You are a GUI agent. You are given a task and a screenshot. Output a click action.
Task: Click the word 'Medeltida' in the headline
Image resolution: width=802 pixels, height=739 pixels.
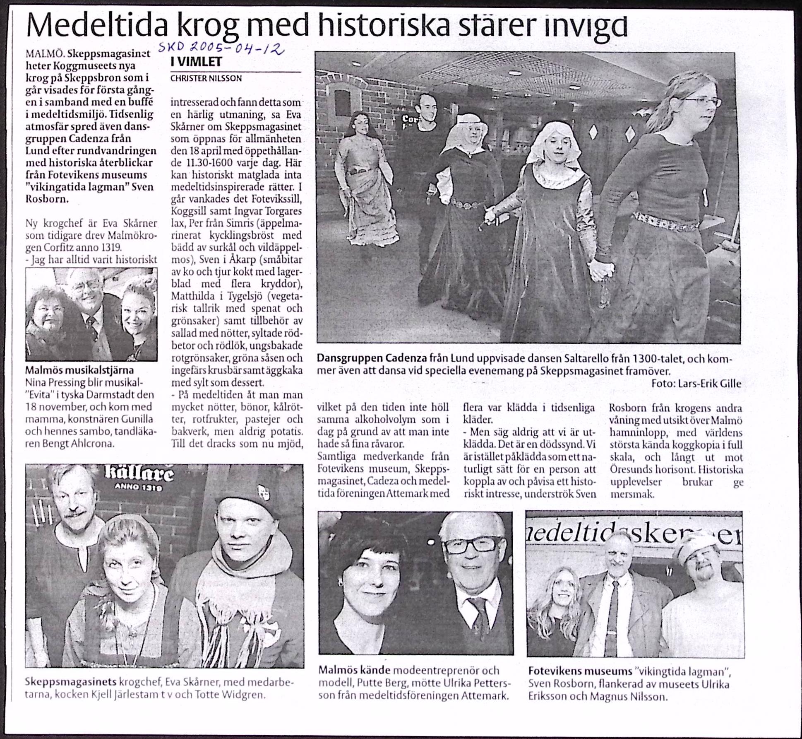[x=97, y=26]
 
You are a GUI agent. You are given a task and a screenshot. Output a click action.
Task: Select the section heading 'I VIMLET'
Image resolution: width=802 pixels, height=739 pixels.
[x=197, y=62]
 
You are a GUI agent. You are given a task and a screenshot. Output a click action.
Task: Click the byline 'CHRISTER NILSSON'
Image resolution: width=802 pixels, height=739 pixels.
[x=206, y=78]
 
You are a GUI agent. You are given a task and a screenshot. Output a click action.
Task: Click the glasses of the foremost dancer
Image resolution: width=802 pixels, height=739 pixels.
[x=704, y=101]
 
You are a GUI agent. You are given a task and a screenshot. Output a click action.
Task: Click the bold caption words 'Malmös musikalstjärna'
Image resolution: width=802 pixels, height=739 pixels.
[x=79, y=370]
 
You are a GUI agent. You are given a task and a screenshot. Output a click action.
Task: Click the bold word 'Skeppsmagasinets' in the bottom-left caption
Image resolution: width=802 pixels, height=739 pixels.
[x=71, y=682]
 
